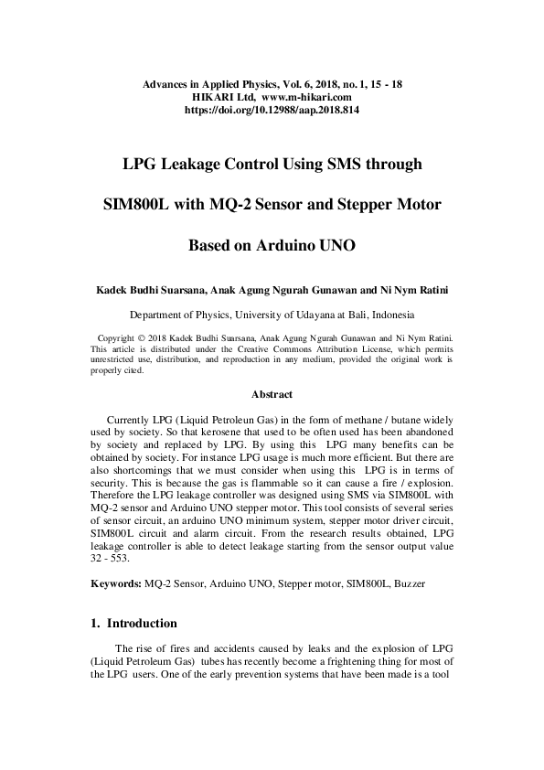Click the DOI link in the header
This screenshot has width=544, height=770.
pyautogui.click(x=272, y=108)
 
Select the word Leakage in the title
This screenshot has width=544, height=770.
pyautogui.click(x=206, y=165)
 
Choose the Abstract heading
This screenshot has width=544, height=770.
pyautogui.click(x=272, y=395)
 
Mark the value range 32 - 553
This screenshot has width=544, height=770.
pyautogui.click(x=111, y=557)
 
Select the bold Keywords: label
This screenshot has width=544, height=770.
pyautogui.click(x=115, y=583)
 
